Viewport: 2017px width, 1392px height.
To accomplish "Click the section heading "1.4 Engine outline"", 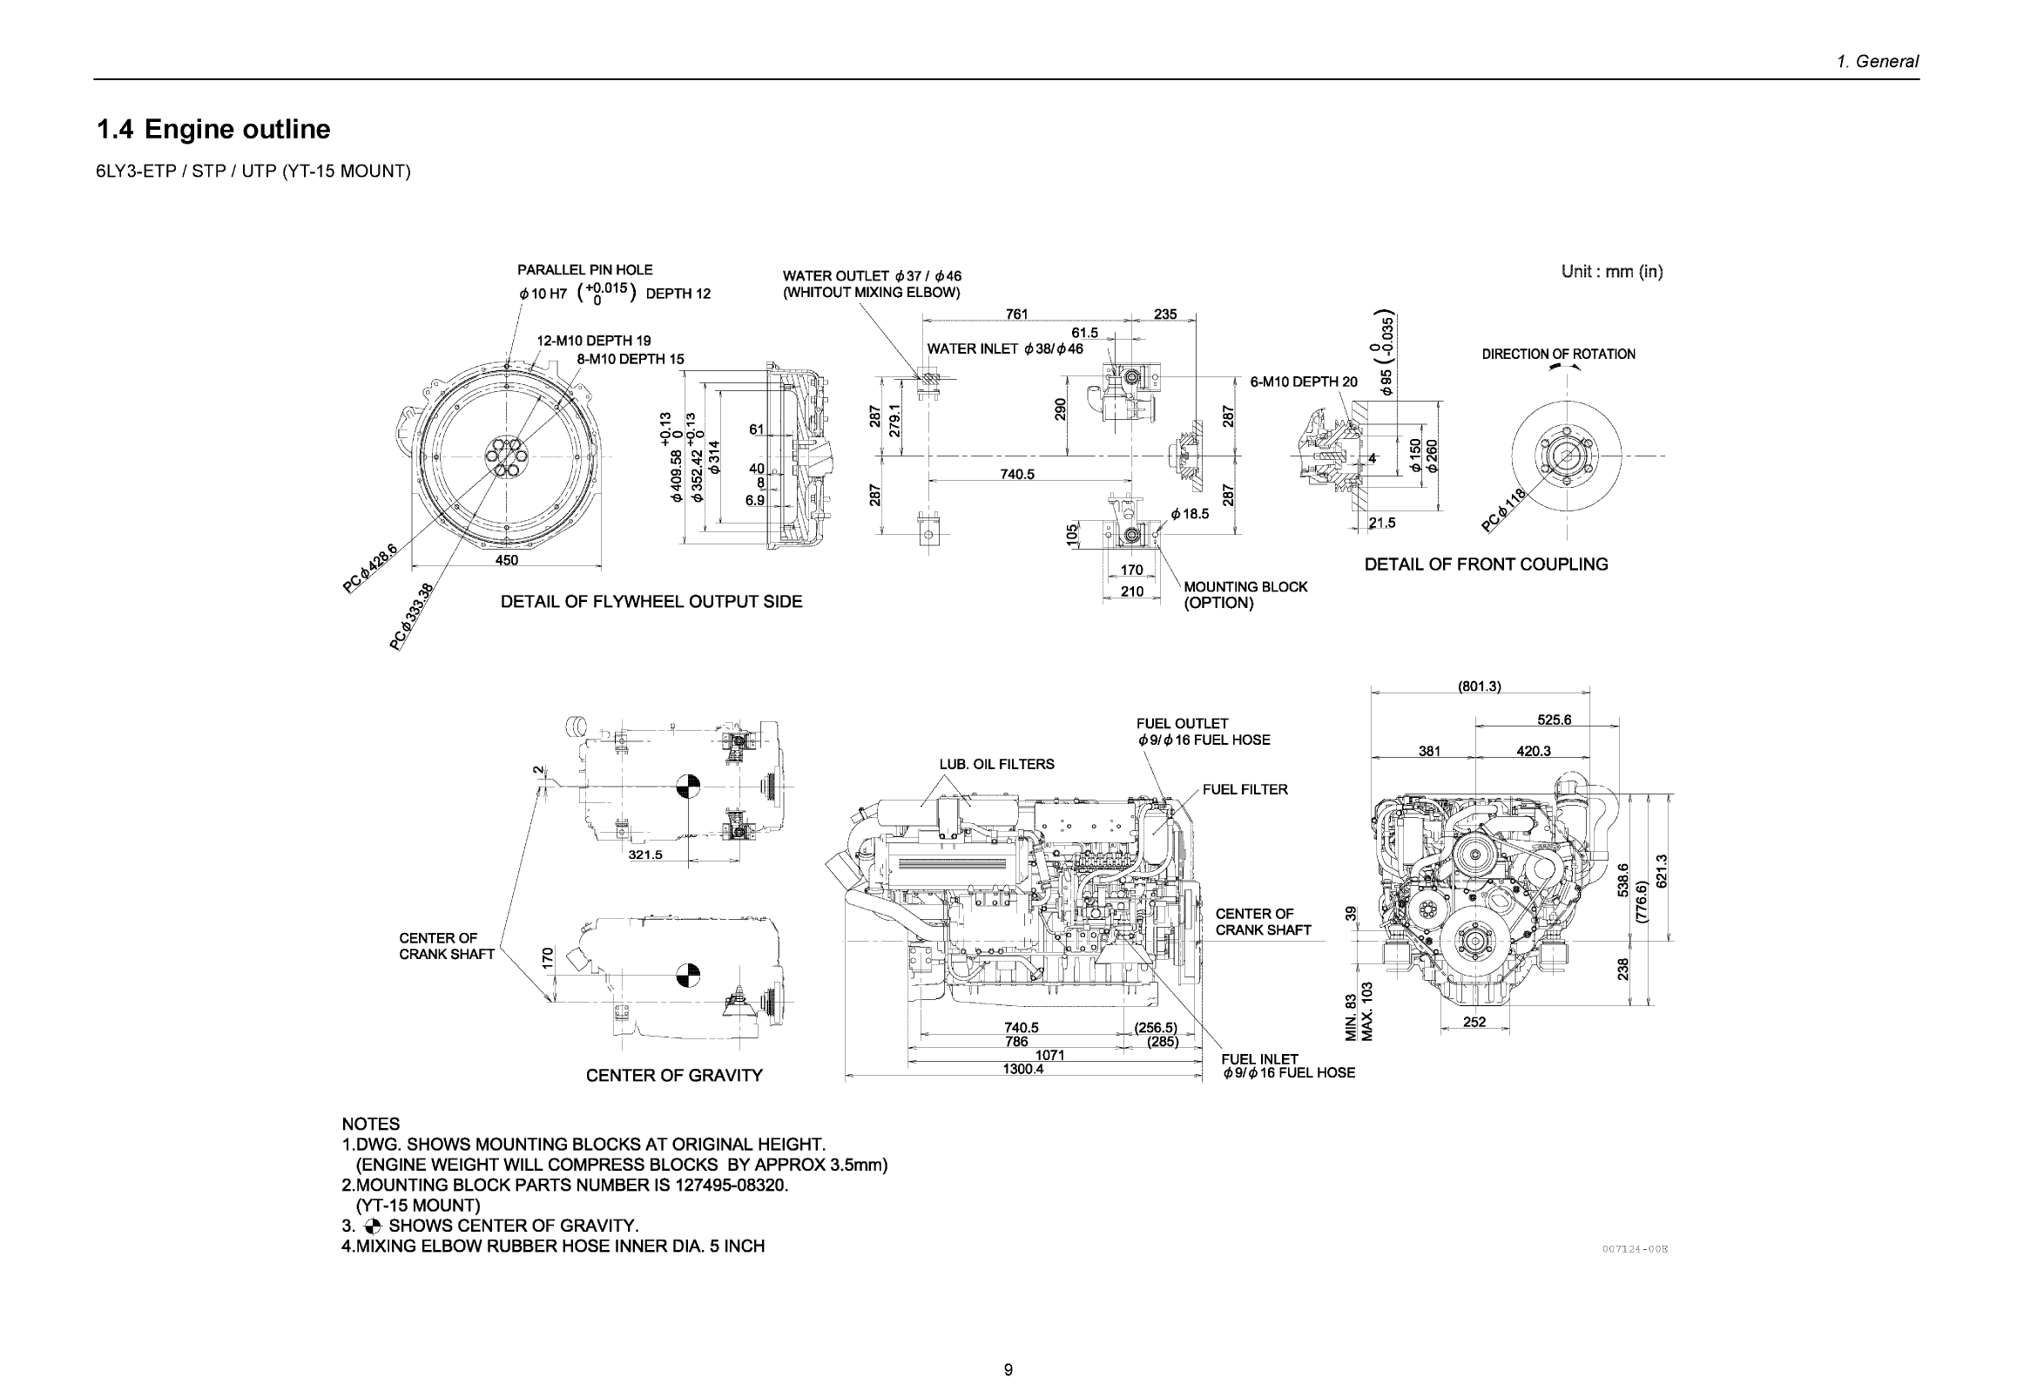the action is (x=213, y=129).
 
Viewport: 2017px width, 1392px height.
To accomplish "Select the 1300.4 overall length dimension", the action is (x=1023, y=1069).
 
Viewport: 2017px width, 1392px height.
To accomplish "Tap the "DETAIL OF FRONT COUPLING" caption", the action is (x=1486, y=564).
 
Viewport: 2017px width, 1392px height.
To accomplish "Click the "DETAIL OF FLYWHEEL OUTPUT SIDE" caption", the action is (x=651, y=602).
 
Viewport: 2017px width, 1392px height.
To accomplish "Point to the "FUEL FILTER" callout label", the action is (x=1245, y=789).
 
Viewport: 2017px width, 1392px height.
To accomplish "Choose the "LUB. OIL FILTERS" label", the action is (x=996, y=764).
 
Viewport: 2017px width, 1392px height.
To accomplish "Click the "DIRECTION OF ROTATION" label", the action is (x=1558, y=355).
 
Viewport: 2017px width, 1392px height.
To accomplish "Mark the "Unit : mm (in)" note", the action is (x=1612, y=271).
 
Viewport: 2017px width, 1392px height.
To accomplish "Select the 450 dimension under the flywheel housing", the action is (x=507, y=560).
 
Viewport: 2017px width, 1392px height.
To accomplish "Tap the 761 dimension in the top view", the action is (x=1017, y=314).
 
